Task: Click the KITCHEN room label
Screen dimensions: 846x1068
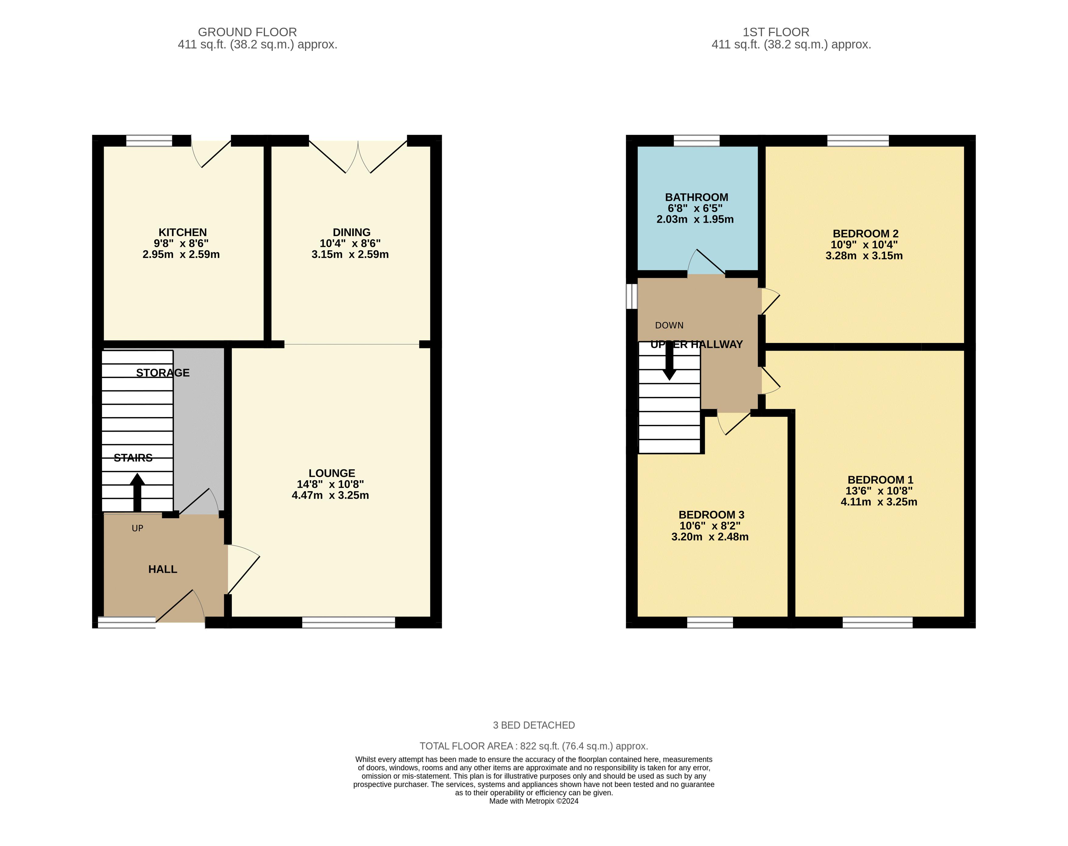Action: click(182, 232)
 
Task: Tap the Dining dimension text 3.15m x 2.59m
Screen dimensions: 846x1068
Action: click(350, 255)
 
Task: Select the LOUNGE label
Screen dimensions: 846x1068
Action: click(331, 473)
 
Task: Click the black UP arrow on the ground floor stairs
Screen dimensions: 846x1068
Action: click(137, 492)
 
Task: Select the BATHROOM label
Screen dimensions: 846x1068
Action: click(696, 197)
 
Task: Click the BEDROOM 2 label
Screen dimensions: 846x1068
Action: click(865, 233)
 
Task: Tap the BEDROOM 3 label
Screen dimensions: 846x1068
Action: click(711, 515)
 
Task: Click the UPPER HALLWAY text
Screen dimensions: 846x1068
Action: click(696, 344)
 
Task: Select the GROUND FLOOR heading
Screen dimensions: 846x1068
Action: click(247, 32)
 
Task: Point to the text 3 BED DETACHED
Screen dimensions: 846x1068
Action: click(534, 725)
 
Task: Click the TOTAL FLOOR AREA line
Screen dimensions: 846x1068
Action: click(534, 746)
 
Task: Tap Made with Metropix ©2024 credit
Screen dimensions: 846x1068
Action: click(534, 801)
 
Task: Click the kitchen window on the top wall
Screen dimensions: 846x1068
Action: click(149, 141)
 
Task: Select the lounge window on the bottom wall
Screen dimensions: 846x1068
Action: click(349, 623)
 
